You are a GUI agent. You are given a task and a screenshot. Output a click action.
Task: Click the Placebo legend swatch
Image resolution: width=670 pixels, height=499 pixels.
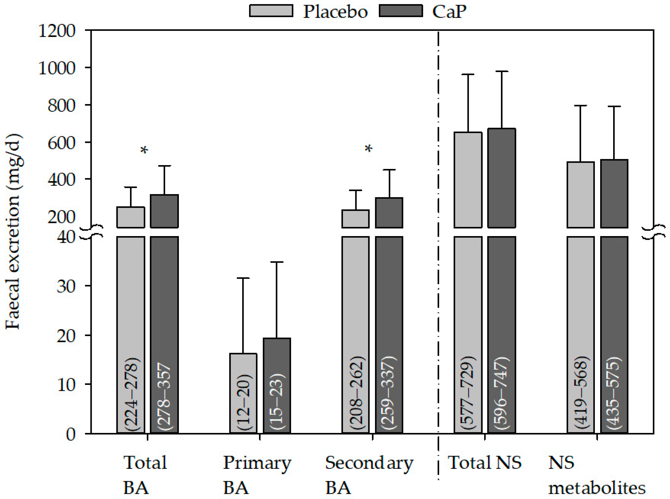271,11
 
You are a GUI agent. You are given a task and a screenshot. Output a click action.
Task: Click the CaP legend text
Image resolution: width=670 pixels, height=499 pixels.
449,12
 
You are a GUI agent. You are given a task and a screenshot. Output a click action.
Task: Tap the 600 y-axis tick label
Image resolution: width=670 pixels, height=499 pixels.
61,143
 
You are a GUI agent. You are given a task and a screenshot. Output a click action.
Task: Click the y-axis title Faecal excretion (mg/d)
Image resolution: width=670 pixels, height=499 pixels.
14,231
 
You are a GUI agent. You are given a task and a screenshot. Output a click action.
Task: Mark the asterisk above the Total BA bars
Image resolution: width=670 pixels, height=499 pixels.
144,150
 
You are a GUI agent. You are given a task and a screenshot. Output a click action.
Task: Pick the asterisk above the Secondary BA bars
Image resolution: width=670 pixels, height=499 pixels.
368,149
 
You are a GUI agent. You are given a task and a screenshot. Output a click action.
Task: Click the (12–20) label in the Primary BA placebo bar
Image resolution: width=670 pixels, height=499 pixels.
244,402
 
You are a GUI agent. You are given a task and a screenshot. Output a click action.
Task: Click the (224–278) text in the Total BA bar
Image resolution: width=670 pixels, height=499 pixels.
131,394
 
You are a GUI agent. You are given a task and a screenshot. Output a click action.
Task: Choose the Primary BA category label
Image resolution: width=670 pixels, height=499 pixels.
257,475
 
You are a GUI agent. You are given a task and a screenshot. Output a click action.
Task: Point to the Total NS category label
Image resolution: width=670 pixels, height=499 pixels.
484,463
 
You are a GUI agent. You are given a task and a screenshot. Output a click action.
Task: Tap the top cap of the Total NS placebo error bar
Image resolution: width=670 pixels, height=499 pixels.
468,74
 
